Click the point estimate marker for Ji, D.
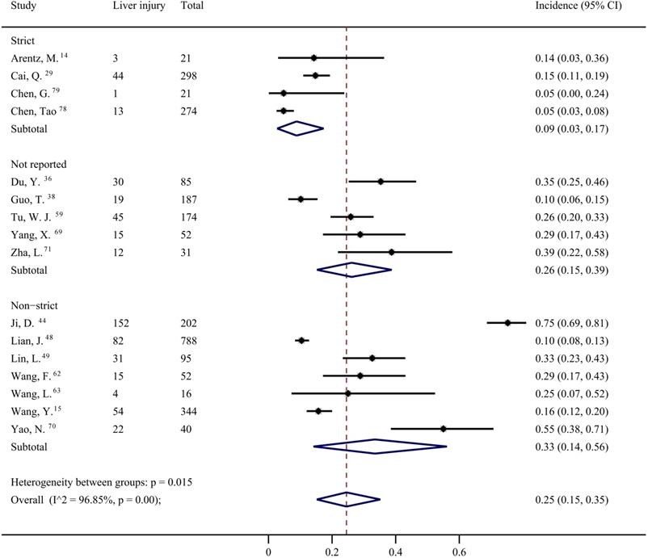(507, 322)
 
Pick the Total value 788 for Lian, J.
(190, 340)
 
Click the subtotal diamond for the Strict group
(300, 128)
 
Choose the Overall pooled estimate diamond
(347, 500)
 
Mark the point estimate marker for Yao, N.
(444, 428)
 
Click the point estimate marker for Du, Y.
(380, 182)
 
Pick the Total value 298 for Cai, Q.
(190, 75)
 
